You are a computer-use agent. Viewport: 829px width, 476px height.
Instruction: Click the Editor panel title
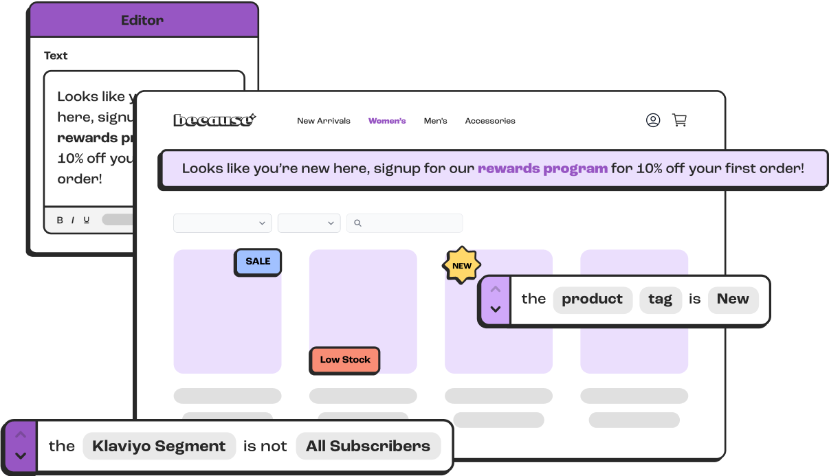coord(143,21)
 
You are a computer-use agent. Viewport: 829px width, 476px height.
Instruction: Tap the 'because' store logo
coord(214,120)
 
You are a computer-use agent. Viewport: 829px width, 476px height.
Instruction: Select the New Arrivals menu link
coord(324,121)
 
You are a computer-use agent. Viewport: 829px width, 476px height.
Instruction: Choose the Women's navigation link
coord(387,121)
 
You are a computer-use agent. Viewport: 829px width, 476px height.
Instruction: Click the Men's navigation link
coord(435,121)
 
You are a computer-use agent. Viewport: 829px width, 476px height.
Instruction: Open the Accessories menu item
coord(490,121)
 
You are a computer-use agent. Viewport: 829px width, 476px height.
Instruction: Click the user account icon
coord(653,120)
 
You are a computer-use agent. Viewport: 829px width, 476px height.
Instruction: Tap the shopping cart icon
coord(679,120)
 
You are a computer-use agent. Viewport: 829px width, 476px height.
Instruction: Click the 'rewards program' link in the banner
coord(542,168)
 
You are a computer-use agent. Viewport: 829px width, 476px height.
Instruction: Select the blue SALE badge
coord(258,262)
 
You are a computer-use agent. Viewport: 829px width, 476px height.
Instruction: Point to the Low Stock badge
coord(345,360)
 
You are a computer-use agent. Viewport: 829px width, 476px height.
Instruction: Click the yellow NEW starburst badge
coord(462,266)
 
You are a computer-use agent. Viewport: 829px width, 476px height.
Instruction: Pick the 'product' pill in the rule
coord(592,299)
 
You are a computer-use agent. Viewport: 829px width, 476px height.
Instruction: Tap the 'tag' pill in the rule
coord(660,299)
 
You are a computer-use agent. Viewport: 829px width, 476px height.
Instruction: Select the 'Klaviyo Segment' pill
coord(159,446)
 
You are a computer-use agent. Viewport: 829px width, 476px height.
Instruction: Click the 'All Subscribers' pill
coord(368,446)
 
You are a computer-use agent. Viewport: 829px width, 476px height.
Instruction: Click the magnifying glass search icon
coord(357,223)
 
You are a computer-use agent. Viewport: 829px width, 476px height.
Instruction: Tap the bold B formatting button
coord(60,220)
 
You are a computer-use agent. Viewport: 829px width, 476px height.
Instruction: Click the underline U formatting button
coord(87,220)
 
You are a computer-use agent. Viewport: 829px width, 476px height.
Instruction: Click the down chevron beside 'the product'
coord(496,310)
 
